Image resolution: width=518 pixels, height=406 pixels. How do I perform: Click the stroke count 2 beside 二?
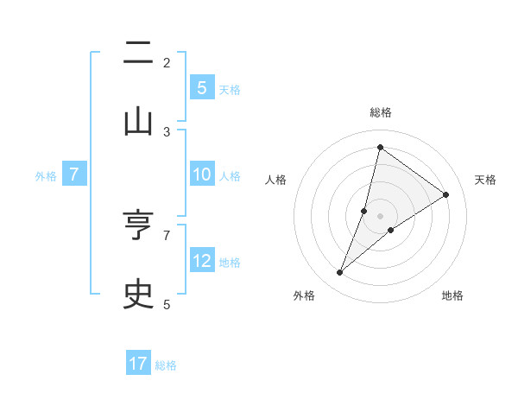[x=167, y=62]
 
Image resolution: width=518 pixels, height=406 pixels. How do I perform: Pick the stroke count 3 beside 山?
[x=167, y=131]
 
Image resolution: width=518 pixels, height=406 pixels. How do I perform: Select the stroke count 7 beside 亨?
[x=167, y=234]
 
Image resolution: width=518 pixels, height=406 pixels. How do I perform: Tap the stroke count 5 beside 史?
[x=167, y=303]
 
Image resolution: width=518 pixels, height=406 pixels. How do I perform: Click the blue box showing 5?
[x=201, y=87]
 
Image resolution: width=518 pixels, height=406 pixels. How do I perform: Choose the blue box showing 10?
[x=201, y=174]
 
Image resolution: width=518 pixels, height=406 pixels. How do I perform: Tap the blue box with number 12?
[x=201, y=260]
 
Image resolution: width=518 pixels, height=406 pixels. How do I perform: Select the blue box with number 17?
[x=138, y=364]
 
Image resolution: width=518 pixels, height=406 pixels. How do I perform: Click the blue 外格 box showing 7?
[x=74, y=174]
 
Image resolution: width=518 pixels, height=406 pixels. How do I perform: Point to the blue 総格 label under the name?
[x=166, y=365]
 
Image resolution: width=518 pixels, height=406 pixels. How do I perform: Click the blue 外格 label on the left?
[x=46, y=175]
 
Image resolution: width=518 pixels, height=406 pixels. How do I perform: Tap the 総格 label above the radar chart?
[x=381, y=112]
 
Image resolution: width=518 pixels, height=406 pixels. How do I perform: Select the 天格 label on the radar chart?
[x=485, y=180]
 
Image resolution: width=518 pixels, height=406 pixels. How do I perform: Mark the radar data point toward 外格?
[x=340, y=273]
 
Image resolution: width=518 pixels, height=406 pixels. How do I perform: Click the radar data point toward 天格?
[x=446, y=194]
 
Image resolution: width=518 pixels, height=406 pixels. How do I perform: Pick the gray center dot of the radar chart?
[x=381, y=216]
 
